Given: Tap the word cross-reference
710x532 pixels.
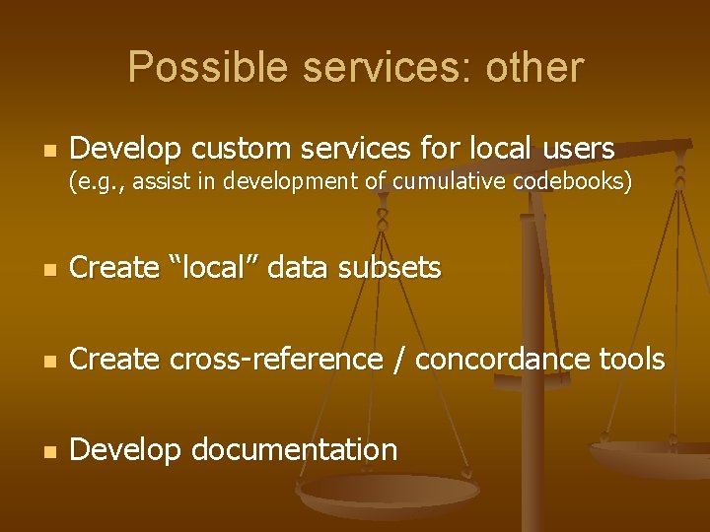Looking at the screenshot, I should pyautogui.click(x=275, y=360).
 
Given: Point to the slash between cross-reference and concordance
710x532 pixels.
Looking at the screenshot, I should pyautogui.click(x=397, y=360).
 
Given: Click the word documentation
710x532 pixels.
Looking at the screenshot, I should pyautogui.click(x=293, y=450).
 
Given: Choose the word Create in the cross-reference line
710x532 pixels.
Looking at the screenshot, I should pyautogui.click(x=115, y=360).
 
